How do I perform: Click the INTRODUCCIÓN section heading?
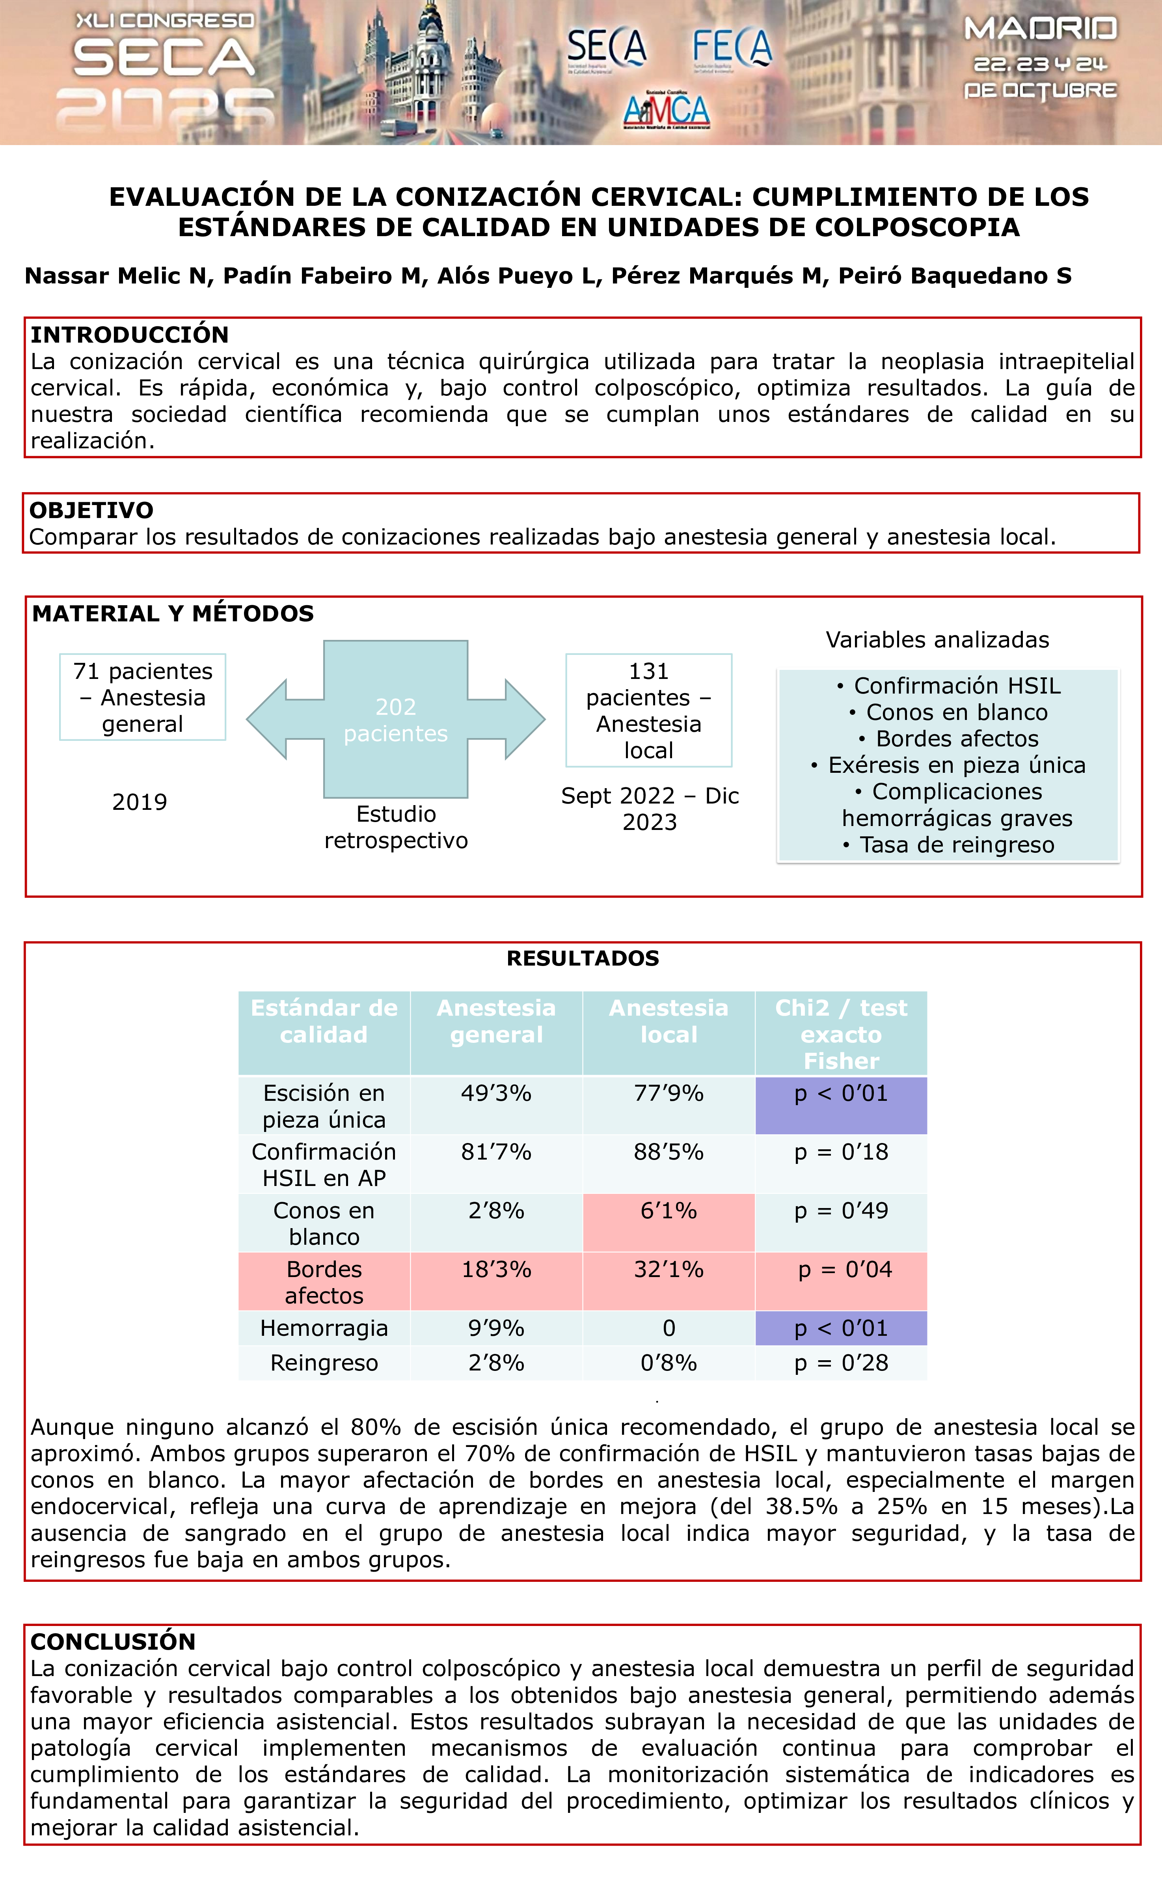click(130, 335)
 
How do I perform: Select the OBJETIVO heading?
click(91, 510)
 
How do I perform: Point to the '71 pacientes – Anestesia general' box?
click(143, 697)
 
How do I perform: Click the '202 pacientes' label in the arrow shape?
click(396, 720)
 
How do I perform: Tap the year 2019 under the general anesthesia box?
click(140, 802)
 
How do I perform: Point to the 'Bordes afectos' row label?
click(324, 1281)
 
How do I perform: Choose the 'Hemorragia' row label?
click(324, 1328)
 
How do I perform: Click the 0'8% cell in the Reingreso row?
click(669, 1363)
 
